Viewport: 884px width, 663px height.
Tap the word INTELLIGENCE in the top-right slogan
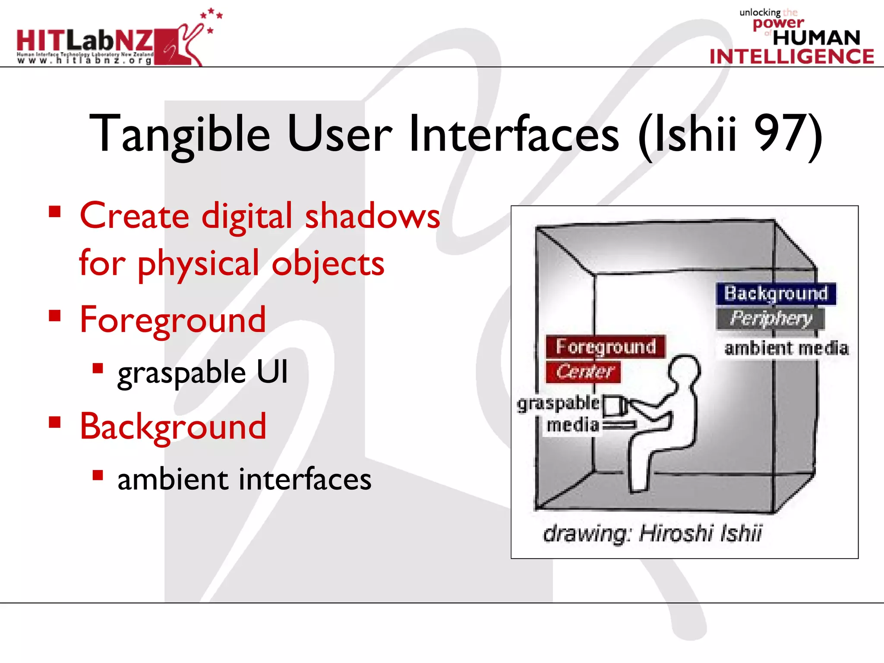tap(792, 57)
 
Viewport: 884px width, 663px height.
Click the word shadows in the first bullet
tap(373, 216)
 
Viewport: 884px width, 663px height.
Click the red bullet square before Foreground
tap(55, 316)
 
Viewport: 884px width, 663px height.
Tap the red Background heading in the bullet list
tap(173, 426)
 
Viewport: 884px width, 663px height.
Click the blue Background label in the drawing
tap(776, 294)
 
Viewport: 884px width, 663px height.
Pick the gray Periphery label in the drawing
tap(770, 319)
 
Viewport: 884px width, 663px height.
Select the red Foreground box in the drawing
tap(605, 347)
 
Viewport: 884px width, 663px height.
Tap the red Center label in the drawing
tap(584, 372)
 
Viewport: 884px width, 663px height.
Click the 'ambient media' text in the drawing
tap(786, 348)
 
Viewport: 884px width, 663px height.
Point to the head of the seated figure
tap(684, 369)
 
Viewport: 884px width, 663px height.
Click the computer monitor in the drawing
tap(613, 406)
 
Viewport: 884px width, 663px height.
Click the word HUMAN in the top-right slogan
tap(816, 38)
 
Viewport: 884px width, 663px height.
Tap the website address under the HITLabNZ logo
tap(85, 61)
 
